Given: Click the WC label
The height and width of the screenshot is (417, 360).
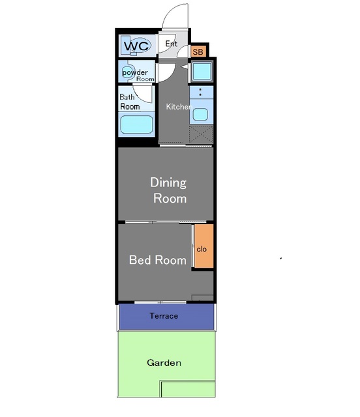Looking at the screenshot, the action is pyautogui.click(x=136, y=46).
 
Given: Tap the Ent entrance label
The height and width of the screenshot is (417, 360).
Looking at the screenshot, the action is pyautogui.click(x=172, y=44).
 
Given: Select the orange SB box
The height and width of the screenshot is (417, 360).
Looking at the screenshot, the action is pyautogui.click(x=198, y=51).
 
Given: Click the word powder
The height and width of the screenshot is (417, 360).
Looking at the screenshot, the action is pyautogui.click(x=135, y=72).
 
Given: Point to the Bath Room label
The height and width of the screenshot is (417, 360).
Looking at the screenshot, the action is pyautogui.click(x=130, y=102).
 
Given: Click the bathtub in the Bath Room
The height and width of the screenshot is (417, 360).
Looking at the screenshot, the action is pyautogui.click(x=136, y=124).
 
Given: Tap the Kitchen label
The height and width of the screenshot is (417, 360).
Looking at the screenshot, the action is pyautogui.click(x=179, y=107).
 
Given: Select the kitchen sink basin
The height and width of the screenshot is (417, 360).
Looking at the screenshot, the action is pyautogui.click(x=200, y=115).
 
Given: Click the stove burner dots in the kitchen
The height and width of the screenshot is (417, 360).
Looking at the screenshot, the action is pyautogui.click(x=200, y=92).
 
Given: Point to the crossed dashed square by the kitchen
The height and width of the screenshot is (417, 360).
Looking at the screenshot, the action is pyautogui.click(x=201, y=135).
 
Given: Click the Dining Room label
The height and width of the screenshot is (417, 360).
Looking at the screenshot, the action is pyautogui.click(x=168, y=190).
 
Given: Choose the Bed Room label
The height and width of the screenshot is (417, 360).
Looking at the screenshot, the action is pyautogui.click(x=158, y=260).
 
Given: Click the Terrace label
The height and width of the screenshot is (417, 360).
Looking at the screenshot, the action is pyautogui.click(x=164, y=316).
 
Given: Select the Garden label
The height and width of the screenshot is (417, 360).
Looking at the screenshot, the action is pyautogui.click(x=164, y=363).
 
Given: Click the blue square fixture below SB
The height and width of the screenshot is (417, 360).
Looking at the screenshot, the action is pyautogui.click(x=202, y=71).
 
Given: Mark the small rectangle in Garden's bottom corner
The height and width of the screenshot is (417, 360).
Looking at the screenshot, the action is pyautogui.click(x=188, y=389).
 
